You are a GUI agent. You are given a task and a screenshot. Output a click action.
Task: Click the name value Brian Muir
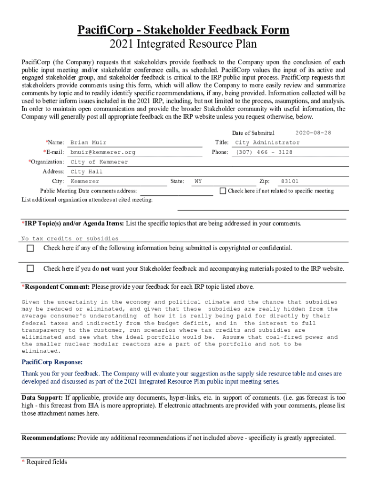(x=88, y=142)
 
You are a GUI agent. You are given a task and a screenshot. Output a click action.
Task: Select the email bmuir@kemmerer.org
(x=102, y=152)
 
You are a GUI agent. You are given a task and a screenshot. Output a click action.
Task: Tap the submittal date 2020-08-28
(x=313, y=132)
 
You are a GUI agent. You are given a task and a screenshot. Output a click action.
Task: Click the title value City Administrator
(x=267, y=142)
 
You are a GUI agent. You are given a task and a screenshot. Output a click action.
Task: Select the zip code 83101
(x=290, y=182)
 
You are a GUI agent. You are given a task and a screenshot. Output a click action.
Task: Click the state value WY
(x=198, y=182)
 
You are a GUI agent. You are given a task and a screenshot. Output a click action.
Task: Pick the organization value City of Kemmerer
(x=99, y=162)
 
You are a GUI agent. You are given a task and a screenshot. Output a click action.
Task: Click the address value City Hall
(x=86, y=172)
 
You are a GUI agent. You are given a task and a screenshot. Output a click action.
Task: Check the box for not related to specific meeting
(x=223, y=191)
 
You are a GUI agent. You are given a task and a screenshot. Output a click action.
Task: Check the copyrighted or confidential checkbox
(x=31, y=248)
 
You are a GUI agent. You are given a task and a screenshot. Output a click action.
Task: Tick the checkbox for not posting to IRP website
(x=31, y=268)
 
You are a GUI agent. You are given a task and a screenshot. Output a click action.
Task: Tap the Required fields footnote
(x=44, y=462)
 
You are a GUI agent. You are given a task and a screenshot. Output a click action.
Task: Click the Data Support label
(x=42, y=397)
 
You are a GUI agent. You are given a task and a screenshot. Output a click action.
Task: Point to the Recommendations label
(x=48, y=437)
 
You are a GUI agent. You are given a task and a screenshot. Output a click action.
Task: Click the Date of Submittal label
(x=253, y=133)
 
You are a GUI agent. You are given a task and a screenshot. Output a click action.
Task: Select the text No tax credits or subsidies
(x=70, y=238)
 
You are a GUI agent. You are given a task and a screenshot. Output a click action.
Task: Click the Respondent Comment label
(x=55, y=287)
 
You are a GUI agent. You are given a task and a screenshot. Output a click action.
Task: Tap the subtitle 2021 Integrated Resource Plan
(x=183, y=44)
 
